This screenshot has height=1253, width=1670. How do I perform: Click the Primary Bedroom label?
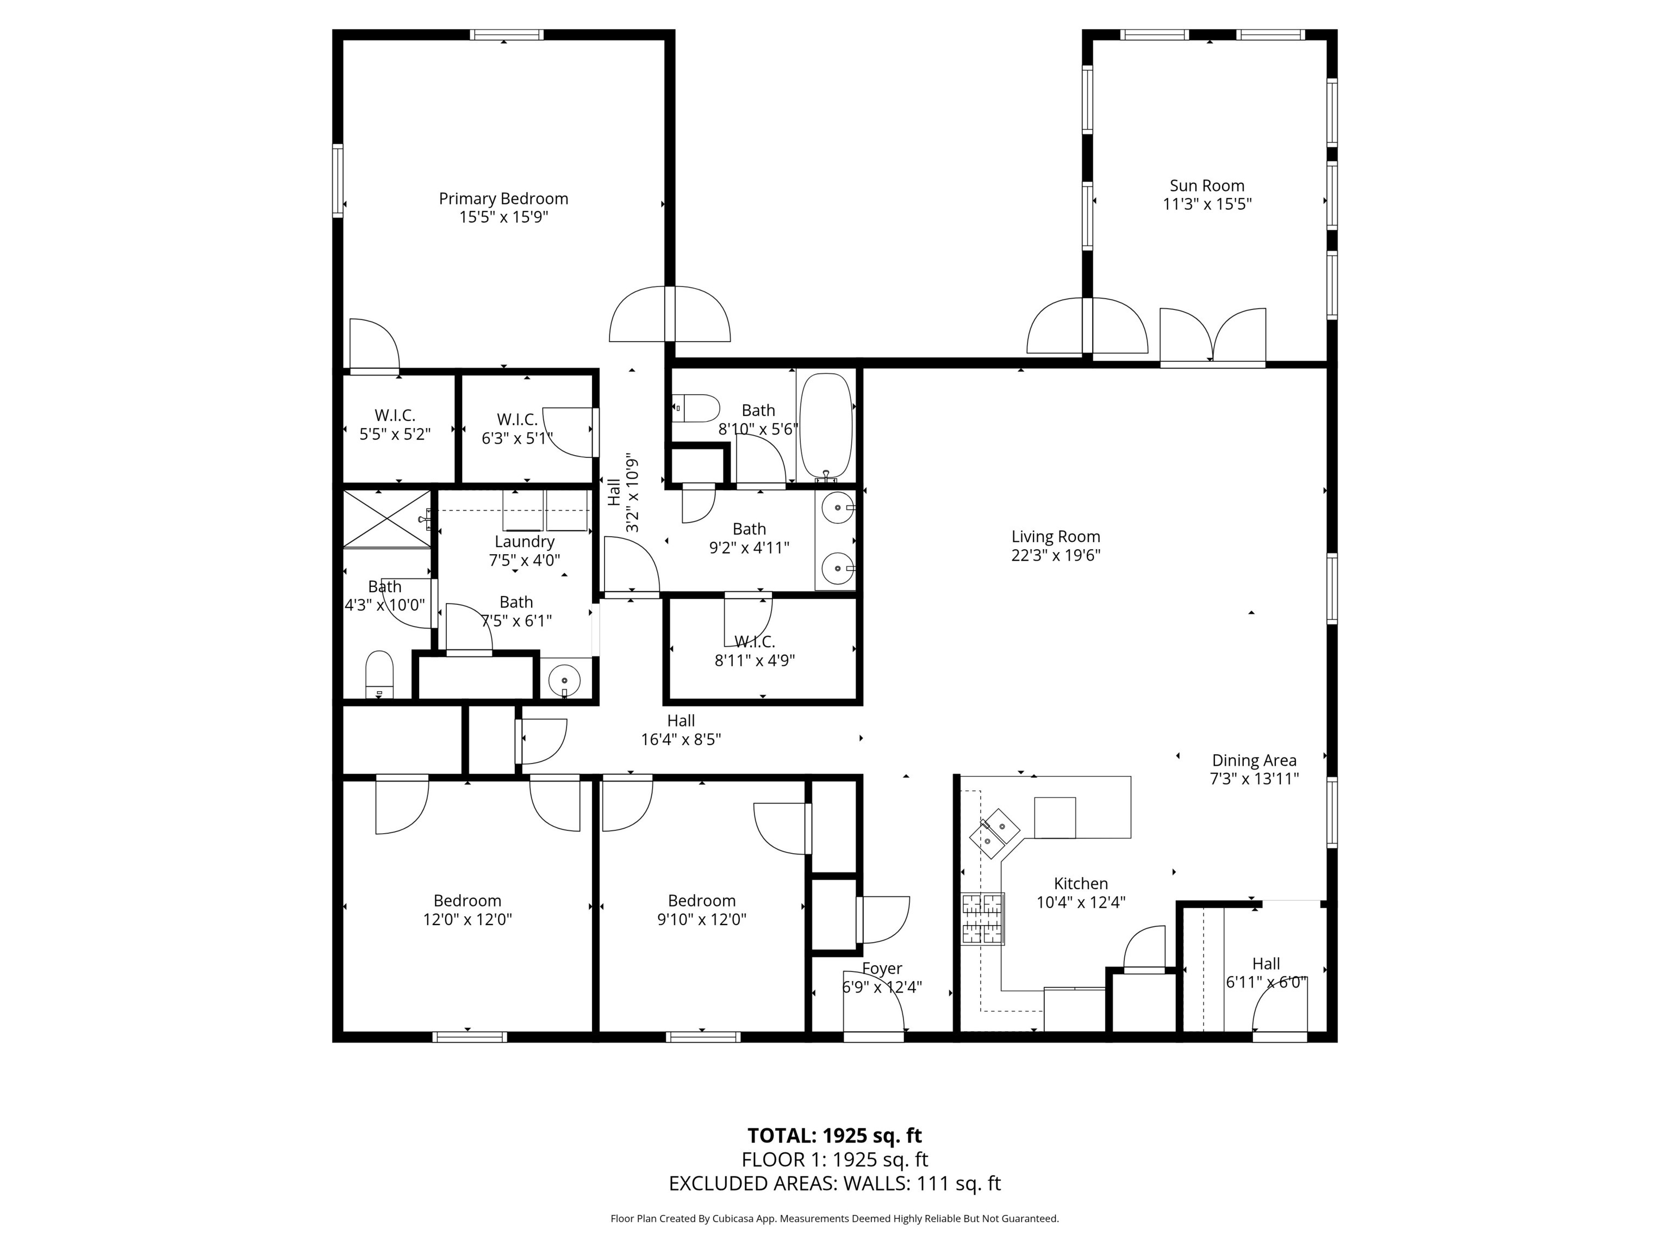(x=503, y=199)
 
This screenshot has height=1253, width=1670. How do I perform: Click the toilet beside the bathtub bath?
(x=696, y=408)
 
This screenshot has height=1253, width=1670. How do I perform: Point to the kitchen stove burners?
(x=983, y=919)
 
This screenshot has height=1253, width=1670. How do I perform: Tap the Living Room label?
(x=1056, y=537)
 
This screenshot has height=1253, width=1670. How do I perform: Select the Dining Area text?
(x=1254, y=761)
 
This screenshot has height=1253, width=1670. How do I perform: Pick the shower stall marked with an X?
(x=387, y=518)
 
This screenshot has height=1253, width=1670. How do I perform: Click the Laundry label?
(x=524, y=542)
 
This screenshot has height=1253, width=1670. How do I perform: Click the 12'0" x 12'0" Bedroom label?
(x=468, y=901)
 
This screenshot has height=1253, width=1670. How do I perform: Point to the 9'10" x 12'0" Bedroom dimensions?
(x=701, y=919)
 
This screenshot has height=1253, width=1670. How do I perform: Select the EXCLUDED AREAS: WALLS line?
(x=834, y=1183)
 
